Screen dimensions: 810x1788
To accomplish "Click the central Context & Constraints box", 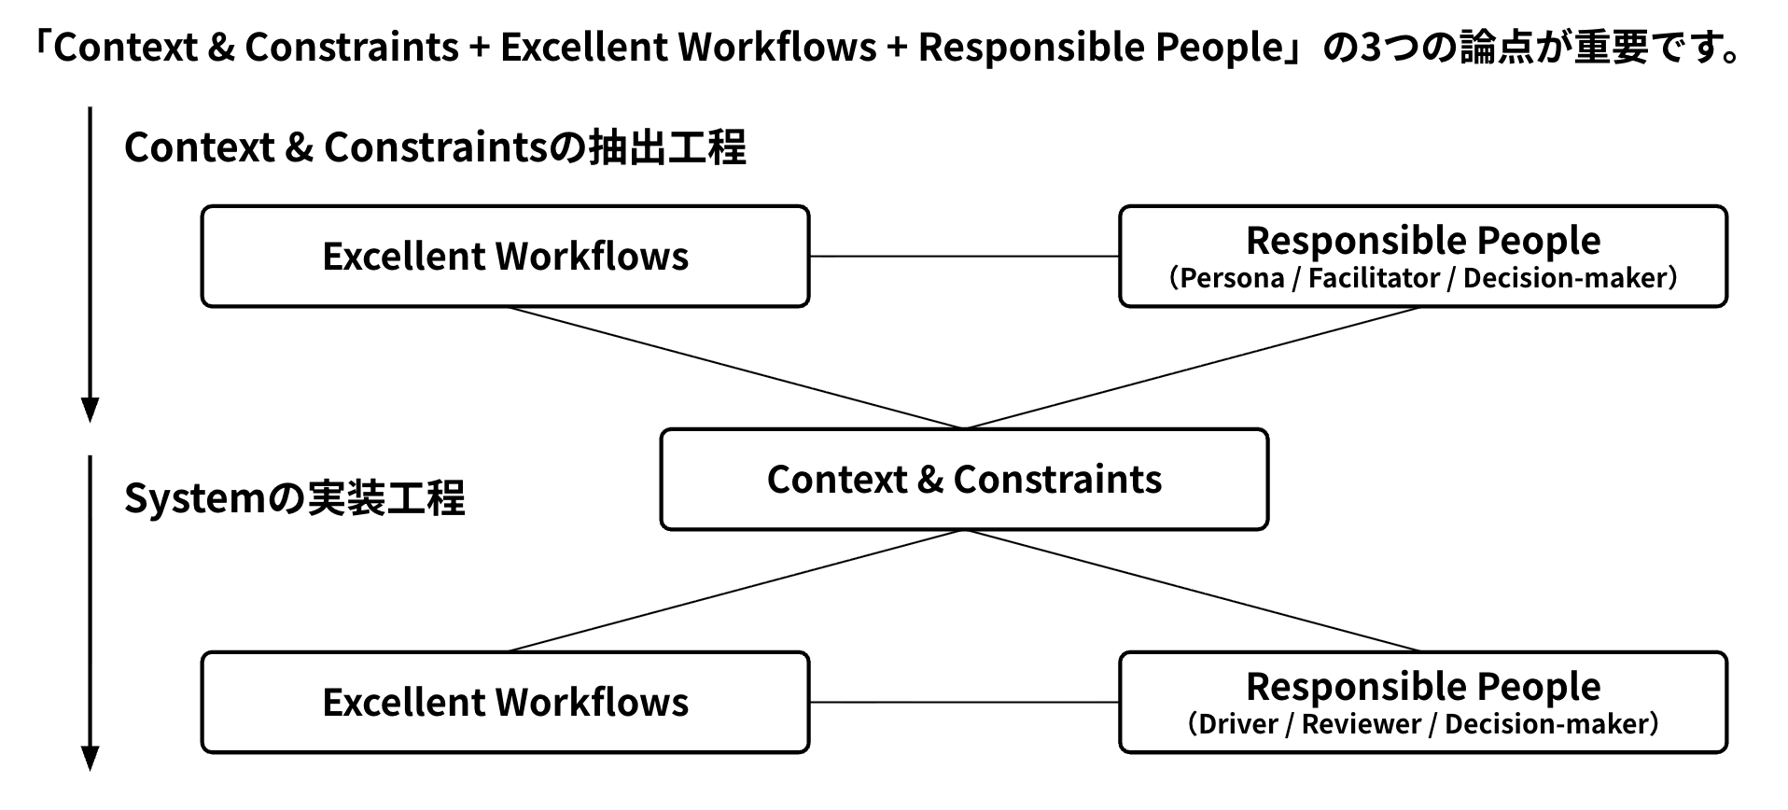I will tap(964, 480).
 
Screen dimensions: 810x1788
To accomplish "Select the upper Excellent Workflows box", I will tap(505, 257).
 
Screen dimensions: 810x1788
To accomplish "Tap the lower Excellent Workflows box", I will tap(505, 703).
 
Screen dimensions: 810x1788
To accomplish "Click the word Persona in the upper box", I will tap(1232, 278).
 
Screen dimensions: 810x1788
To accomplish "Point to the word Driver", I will tap(1237, 724).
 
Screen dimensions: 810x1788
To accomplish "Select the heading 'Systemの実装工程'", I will tap(294, 498).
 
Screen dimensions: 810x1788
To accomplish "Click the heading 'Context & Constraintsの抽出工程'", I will tap(435, 147).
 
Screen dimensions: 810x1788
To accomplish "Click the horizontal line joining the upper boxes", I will tap(964, 256).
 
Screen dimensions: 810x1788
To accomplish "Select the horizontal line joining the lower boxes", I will tap(964, 702).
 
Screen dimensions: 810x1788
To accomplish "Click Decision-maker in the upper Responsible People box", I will tap(1565, 278).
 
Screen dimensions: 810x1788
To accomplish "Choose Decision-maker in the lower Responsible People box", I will tap(1546, 724).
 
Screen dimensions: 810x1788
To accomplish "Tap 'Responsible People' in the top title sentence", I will tap(1101, 48).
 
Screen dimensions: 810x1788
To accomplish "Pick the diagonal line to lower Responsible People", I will tap(1193, 590).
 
